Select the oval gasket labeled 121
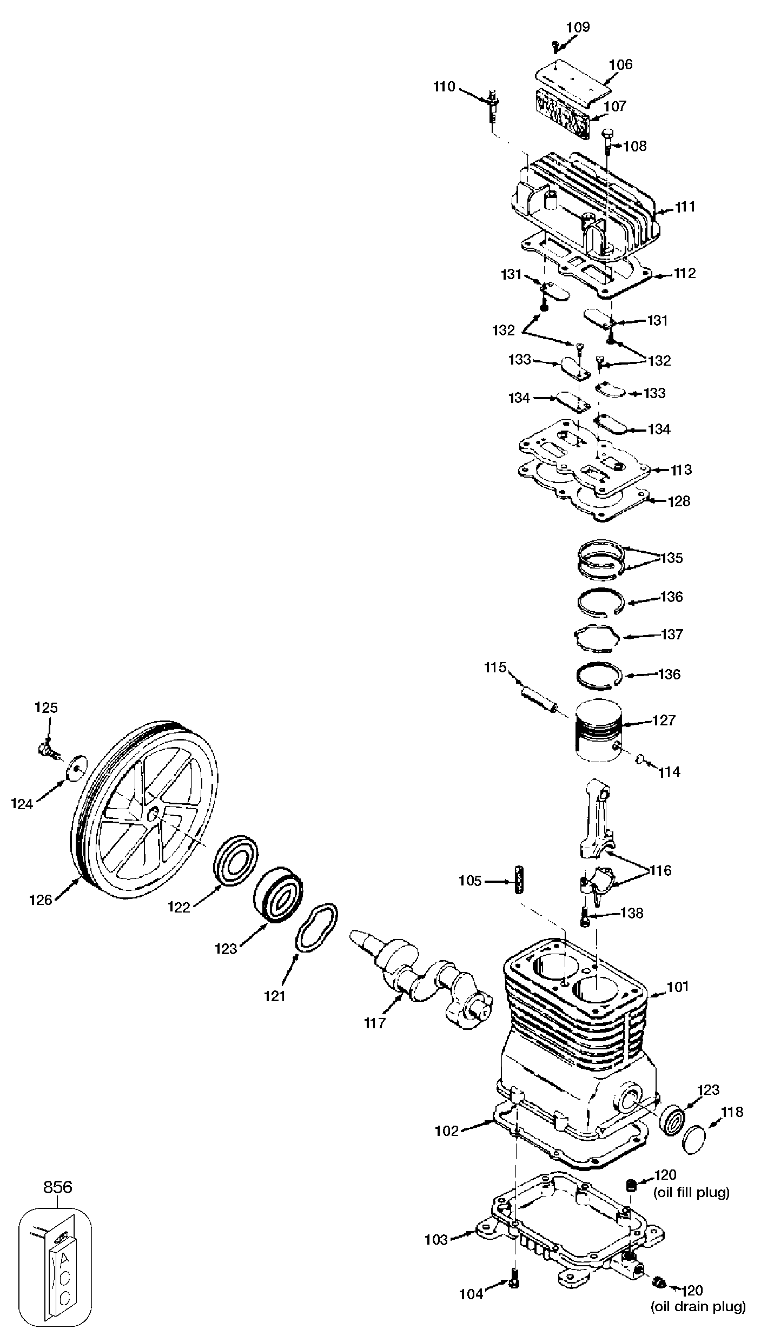[x=317, y=927]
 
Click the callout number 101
[x=678, y=986]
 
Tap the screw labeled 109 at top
[x=555, y=48]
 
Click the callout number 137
[x=672, y=634]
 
